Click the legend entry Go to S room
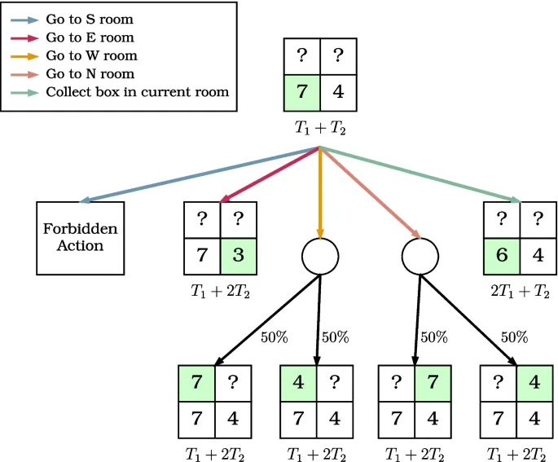90,20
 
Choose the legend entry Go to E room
90,37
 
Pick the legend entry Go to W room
91,55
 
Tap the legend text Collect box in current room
137,92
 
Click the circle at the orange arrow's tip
320,256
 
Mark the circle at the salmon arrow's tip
421,256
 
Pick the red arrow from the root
269,174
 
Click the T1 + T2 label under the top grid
320,128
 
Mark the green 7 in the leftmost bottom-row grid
197,382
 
